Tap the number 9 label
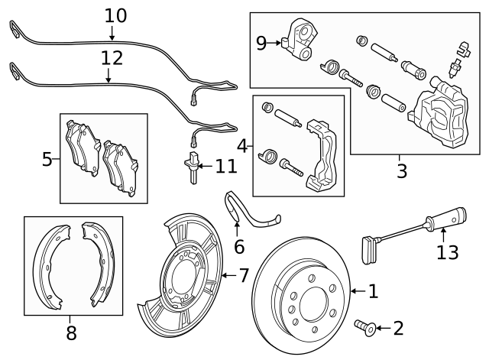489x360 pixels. [261, 43]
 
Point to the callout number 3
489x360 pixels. [402, 170]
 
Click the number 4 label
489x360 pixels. [242, 145]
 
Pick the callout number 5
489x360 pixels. [47, 160]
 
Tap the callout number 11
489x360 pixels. [226, 166]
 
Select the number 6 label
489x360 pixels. [239, 246]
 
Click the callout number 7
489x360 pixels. [244, 274]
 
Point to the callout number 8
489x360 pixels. [71, 332]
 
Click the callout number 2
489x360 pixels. [397, 329]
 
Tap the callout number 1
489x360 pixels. [373, 290]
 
